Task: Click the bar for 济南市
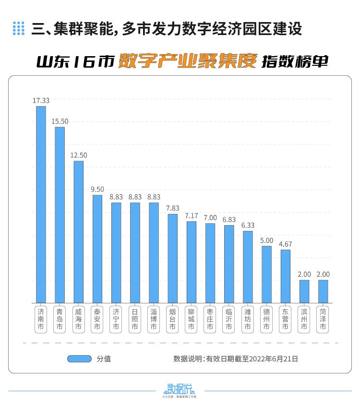click(x=41, y=204)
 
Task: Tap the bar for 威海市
click(x=79, y=232)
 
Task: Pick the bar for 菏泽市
click(x=323, y=291)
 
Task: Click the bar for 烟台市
click(x=172, y=258)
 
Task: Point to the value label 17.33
click(x=41, y=101)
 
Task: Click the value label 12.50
click(x=79, y=156)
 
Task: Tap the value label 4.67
click(x=285, y=244)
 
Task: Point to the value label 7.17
click(x=191, y=216)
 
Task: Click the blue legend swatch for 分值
click(x=79, y=359)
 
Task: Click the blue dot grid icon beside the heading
click(x=18, y=28)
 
